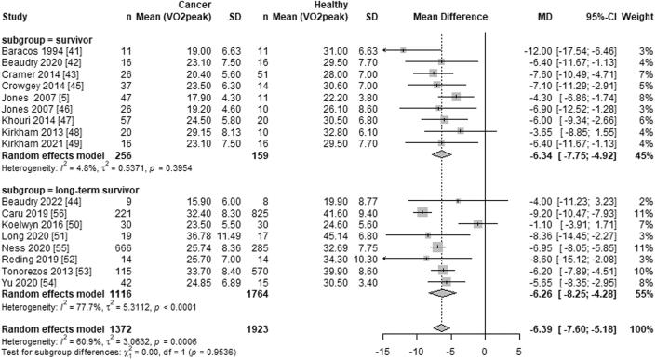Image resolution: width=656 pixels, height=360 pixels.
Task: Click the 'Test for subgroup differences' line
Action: (x=116, y=351)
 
